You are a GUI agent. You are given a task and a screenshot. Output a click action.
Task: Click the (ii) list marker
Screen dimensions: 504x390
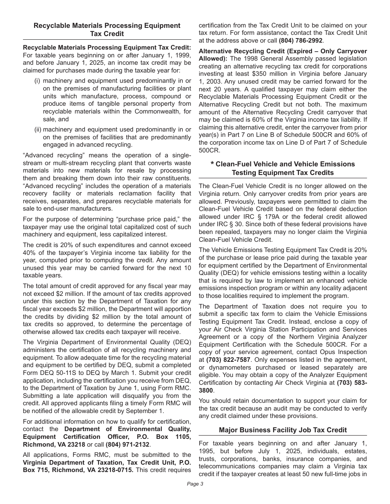(x=38, y=129)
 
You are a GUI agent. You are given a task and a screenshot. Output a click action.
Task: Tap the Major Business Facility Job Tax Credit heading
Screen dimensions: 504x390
(x=283, y=430)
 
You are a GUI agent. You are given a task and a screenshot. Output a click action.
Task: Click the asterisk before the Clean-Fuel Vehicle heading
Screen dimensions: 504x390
(x=212, y=164)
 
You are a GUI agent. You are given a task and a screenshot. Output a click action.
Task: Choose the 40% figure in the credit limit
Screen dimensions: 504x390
(x=30, y=252)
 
